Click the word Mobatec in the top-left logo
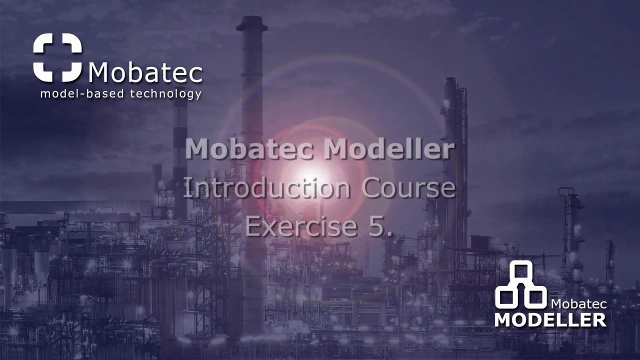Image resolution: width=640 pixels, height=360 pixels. (x=145, y=73)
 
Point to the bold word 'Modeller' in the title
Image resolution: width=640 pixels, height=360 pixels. (x=384, y=149)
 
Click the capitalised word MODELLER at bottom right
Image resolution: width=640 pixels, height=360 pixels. (x=550, y=318)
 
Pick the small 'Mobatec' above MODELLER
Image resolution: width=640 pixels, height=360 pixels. (x=578, y=303)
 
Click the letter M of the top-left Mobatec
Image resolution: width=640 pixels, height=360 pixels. (x=100, y=73)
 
